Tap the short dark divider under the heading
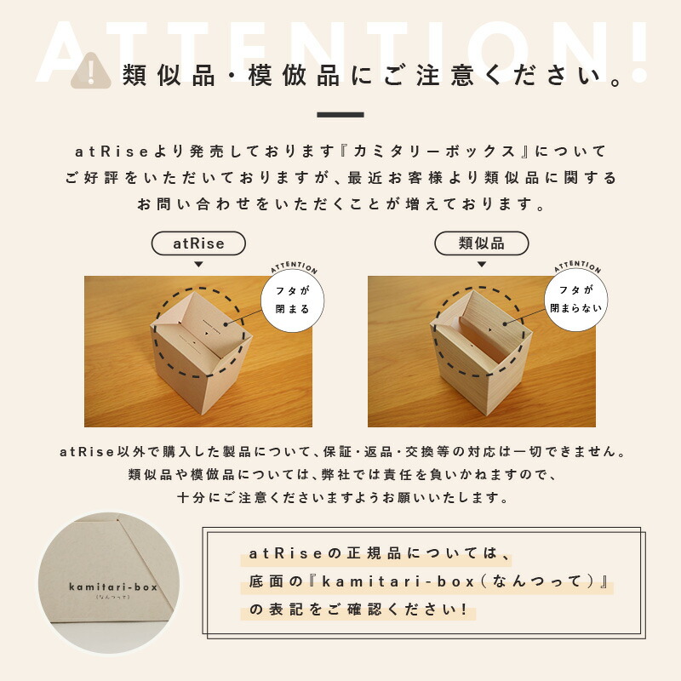click(340, 115)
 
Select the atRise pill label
click(198, 243)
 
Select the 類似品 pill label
click(481, 243)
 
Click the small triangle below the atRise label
click(198, 265)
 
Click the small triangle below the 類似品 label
click(481, 265)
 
